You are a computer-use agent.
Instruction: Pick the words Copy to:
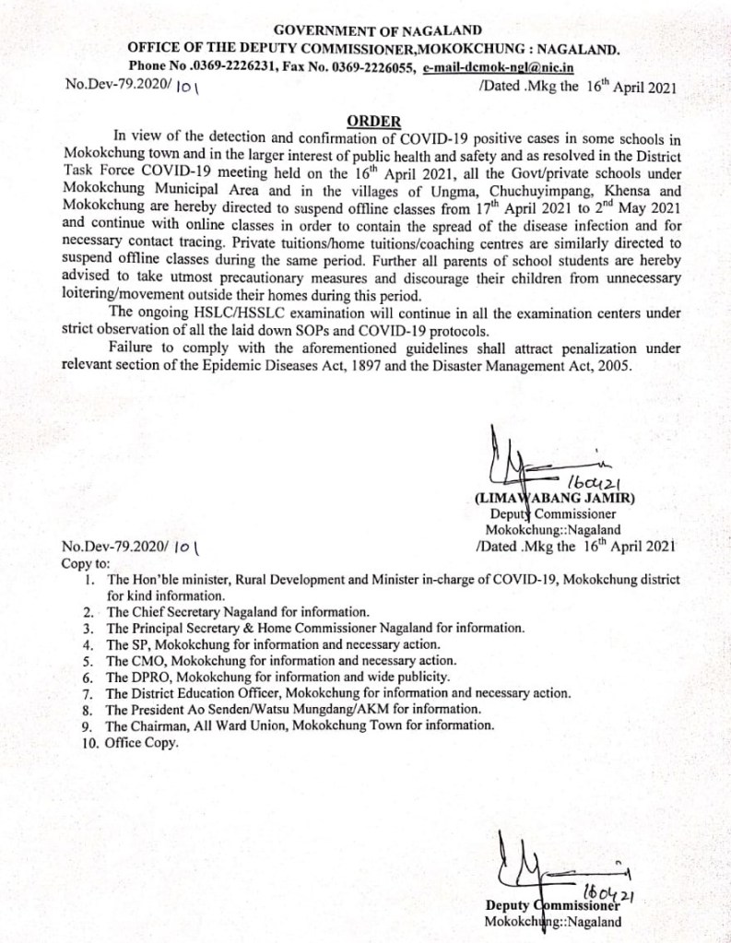[85, 562]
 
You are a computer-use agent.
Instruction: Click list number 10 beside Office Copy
[90, 742]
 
